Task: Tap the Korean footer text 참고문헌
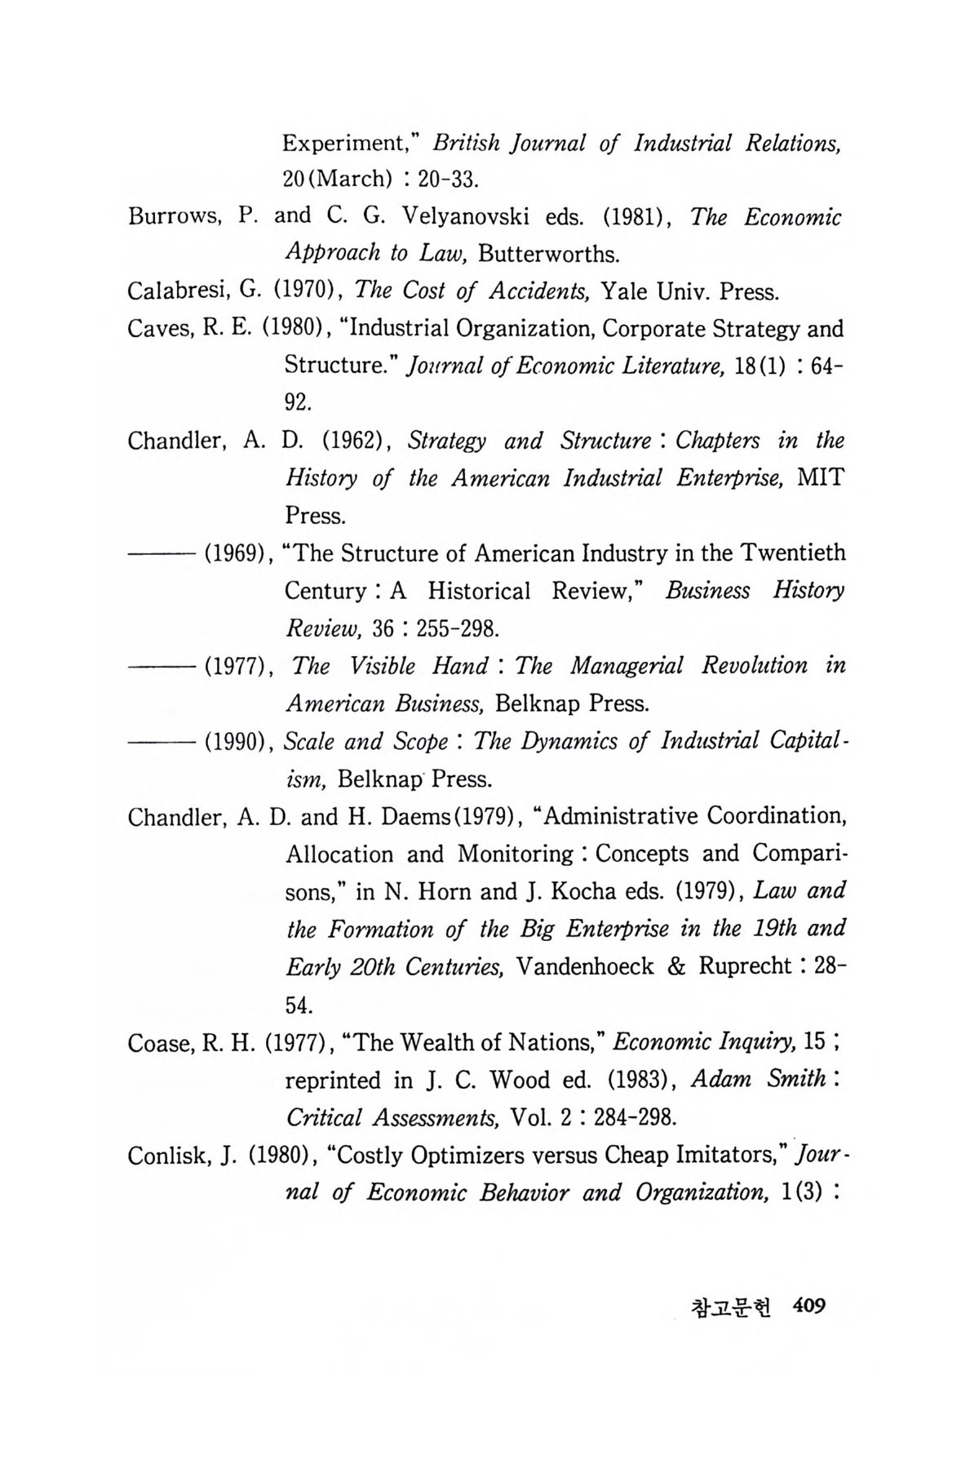click(731, 1307)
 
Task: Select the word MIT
click(820, 478)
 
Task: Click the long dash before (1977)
click(161, 667)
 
